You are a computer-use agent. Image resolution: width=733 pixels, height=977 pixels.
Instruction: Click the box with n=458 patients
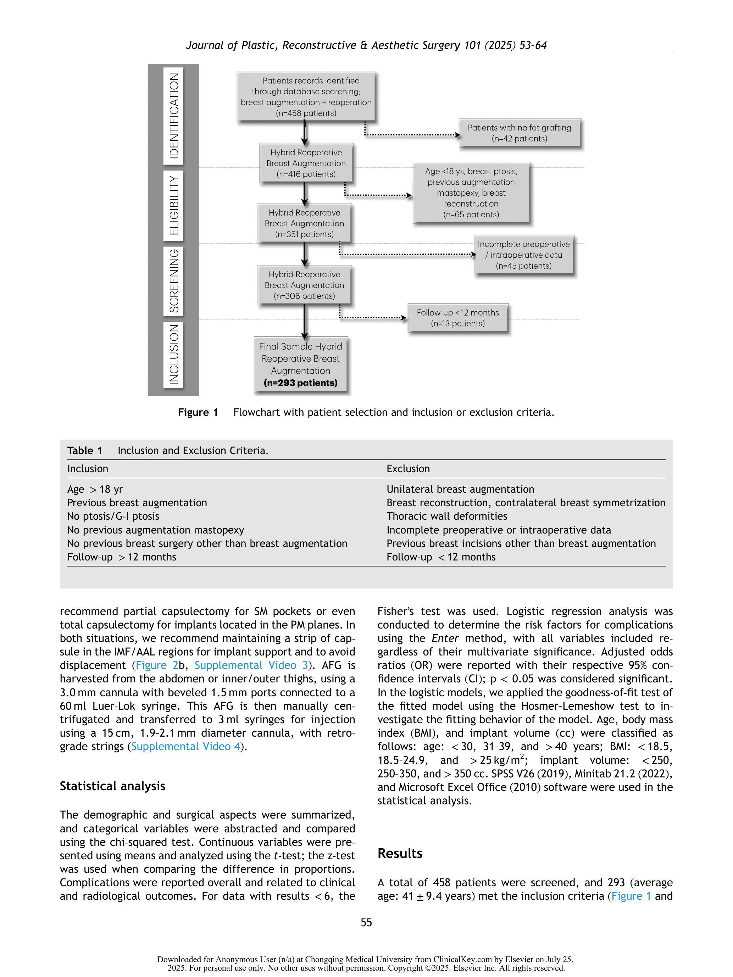tap(306, 96)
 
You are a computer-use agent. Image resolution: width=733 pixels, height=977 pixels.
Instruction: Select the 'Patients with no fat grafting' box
tap(519, 133)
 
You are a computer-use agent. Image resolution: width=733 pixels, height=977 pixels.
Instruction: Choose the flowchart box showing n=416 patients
tap(306, 163)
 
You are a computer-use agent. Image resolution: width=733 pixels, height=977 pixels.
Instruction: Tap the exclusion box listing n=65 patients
tap(471, 192)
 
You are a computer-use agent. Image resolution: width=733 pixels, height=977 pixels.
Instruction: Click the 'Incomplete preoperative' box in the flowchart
tap(523, 255)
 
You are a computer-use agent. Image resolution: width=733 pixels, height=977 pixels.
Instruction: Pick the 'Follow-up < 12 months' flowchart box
tap(457, 318)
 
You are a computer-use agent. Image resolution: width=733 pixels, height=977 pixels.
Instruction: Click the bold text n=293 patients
tap(300, 383)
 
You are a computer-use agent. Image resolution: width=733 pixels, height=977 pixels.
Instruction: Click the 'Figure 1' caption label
tap(198, 412)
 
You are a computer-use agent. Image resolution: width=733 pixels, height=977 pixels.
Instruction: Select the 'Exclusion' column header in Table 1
tap(408, 469)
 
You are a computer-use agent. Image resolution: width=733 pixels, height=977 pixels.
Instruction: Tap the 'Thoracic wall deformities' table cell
tap(447, 516)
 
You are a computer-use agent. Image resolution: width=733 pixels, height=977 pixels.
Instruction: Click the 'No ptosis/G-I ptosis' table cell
tap(113, 516)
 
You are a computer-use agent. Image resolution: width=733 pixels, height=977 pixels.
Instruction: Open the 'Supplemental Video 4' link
tap(185, 747)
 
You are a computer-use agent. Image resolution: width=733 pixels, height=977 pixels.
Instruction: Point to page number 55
tap(366, 922)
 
